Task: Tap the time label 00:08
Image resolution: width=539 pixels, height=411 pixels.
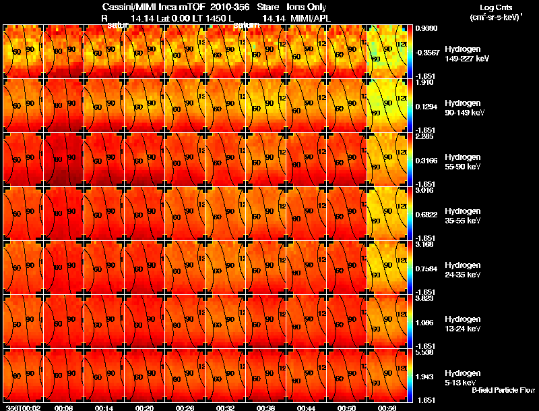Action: point(64,408)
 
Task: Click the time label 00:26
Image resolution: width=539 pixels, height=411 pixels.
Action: point(185,408)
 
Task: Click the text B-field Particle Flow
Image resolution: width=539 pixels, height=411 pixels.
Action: point(503,390)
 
